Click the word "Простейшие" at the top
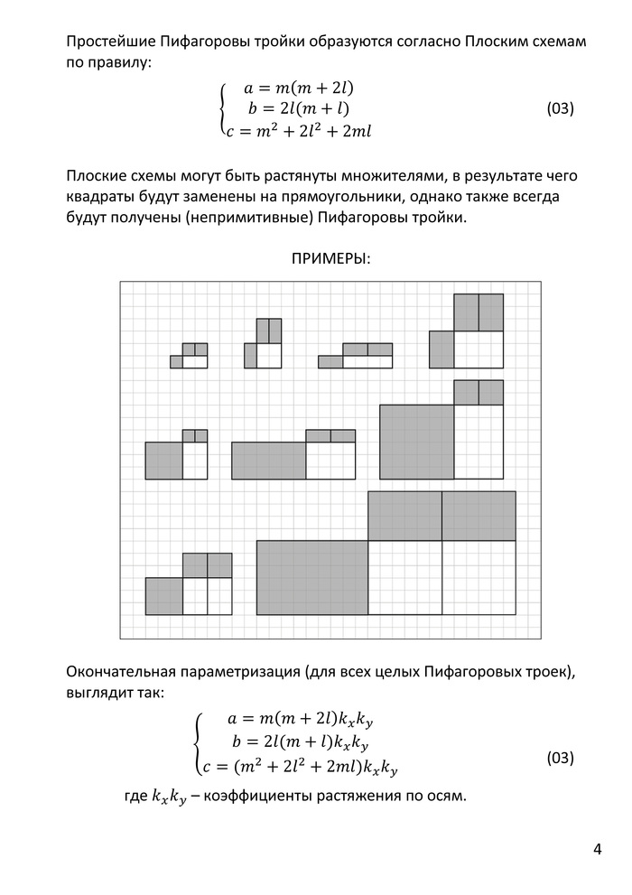point(110,43)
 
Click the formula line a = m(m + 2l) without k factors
point(297,89)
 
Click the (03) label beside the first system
point(561,109)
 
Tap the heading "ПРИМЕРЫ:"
point(330,259)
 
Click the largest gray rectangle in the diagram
point(312,577)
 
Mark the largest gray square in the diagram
point(416,442)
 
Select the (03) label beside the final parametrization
point(561,758)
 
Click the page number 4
point(598,849)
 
